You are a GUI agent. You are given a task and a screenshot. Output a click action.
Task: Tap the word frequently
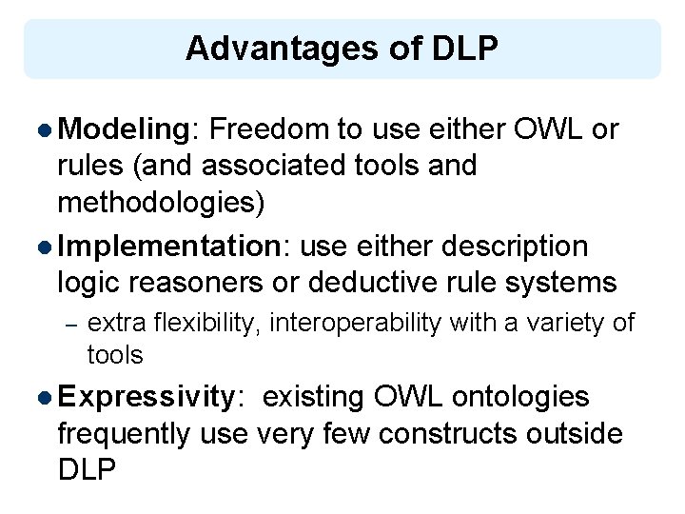point(125,434)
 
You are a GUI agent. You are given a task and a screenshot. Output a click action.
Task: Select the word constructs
point(449,434)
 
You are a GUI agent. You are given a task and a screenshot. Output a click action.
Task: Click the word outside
point(576,434)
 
